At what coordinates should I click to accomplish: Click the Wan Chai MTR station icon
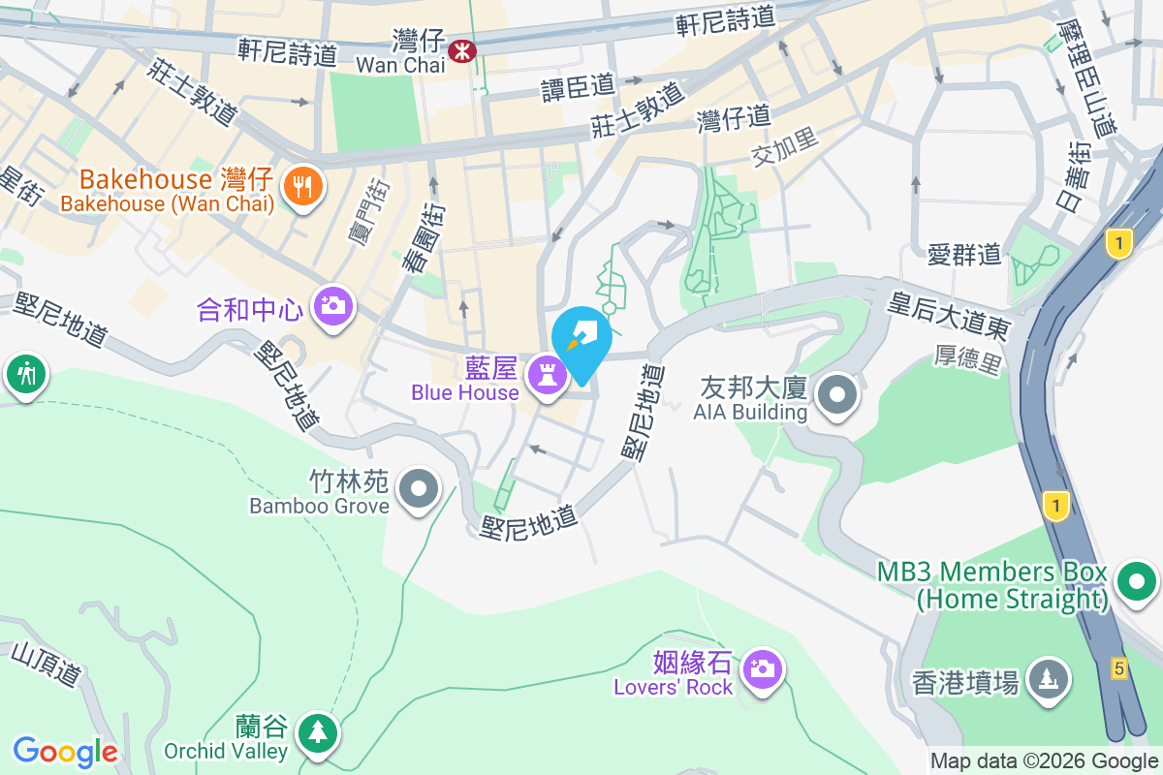click(x=462, y=47)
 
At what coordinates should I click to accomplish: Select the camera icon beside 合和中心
click(x=333, y=306)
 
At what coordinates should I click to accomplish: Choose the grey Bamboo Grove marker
click(x=419, y=488)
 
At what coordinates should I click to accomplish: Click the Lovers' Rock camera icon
click(x=763, y=668)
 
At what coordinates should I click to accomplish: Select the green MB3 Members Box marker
click(x=1137, y=581)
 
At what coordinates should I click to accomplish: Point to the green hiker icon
click(x=25, y=373)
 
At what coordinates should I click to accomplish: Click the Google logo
click(x=65, y=751)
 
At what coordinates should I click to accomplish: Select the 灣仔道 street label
click(x=734, y=119)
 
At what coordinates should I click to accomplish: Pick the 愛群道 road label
click(x=963, y=255)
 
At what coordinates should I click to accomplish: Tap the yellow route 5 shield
click(x=1118, y=667)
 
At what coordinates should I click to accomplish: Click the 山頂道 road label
click(x=46, y=666)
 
